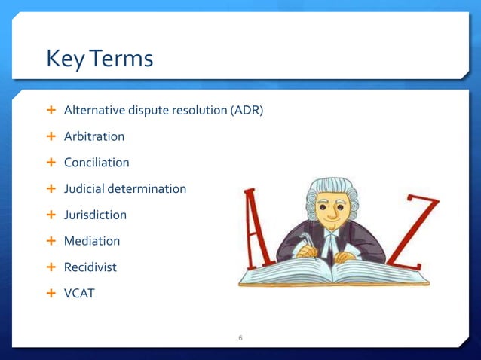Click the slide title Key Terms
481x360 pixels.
tap(100, 58)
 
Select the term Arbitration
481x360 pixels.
tap(94, 136)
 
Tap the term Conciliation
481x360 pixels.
tap(97, 163)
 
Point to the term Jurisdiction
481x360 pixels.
tap(95, 215)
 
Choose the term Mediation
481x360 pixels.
tap(92, 241)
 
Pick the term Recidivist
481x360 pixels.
tap(90, 267)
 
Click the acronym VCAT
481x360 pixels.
tap(79, 293)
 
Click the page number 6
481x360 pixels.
tap(240, 337)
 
